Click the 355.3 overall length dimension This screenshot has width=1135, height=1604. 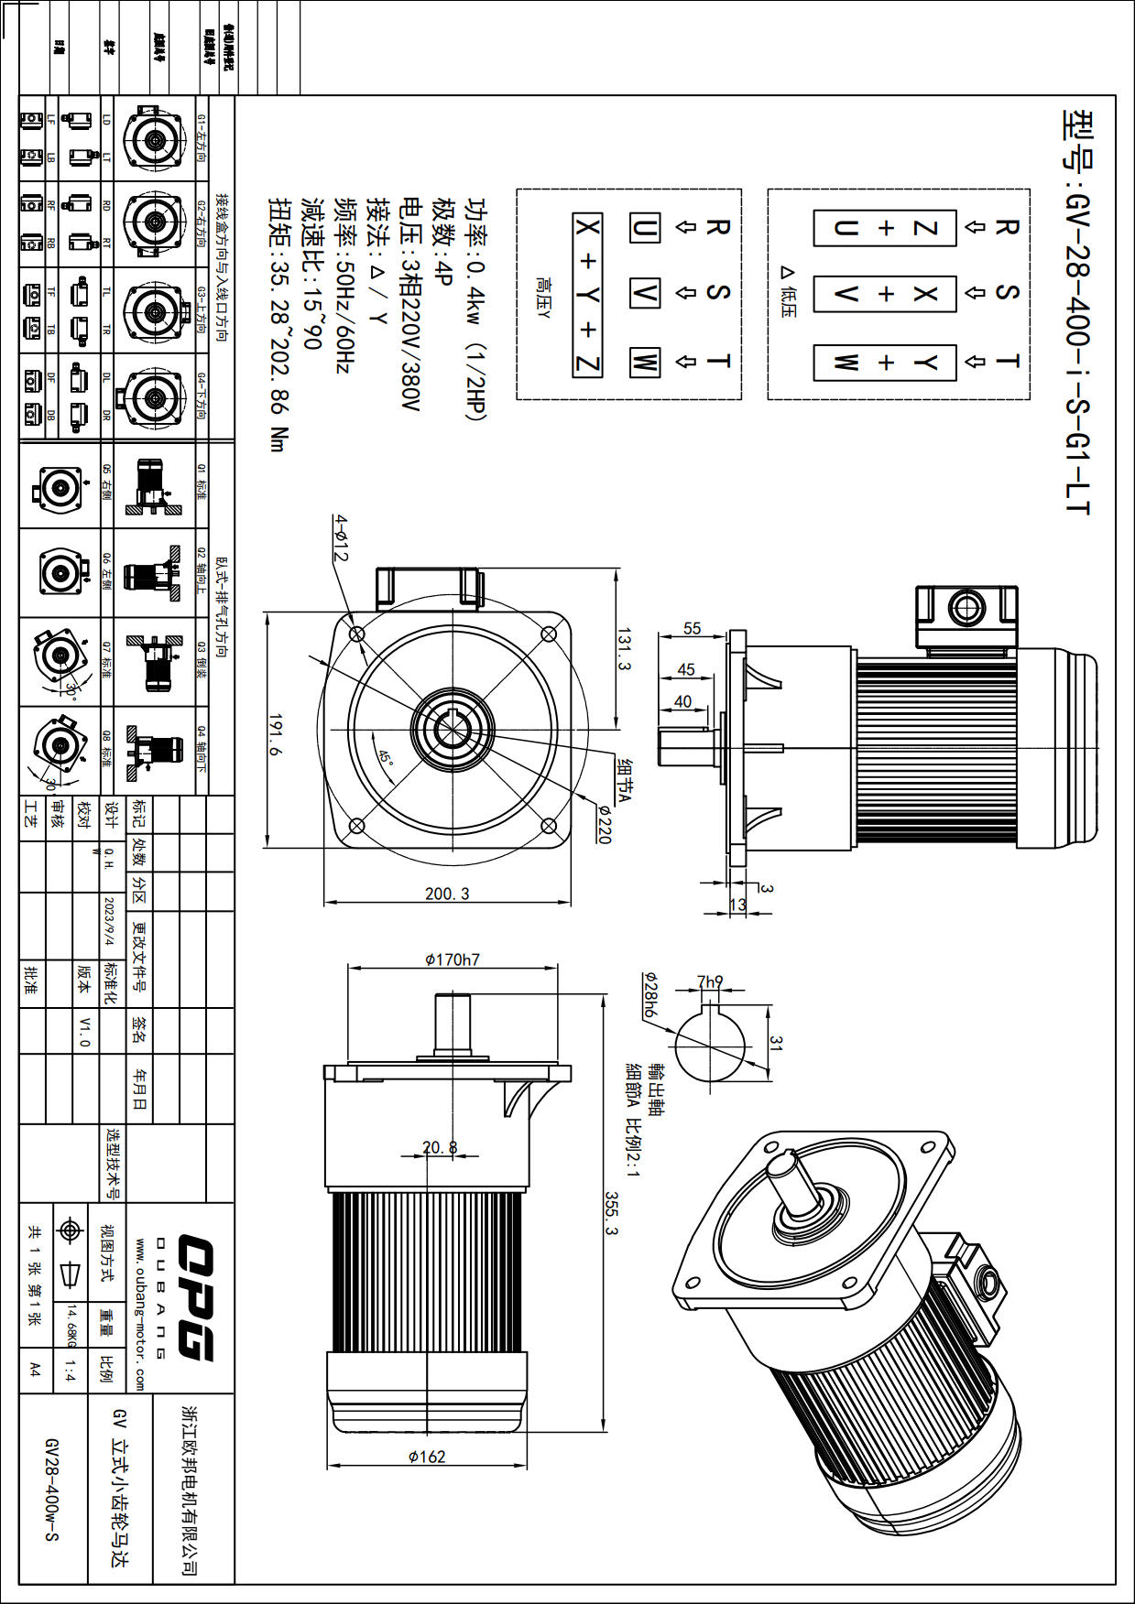coord(611,1213)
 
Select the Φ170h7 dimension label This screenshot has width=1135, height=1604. coord(452,959)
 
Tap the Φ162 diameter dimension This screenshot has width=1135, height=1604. coord(427,1457)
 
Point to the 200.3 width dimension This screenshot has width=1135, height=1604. coord(447,894)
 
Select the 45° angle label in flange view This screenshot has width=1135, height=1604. coord(386,758)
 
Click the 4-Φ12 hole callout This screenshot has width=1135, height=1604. coord(341,537)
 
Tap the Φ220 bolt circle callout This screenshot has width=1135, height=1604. coord(604,823)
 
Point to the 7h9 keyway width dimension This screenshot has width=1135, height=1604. coord(710,981)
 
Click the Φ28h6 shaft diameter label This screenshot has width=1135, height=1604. coord(649,995)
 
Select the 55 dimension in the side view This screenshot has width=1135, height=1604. coord(692,629)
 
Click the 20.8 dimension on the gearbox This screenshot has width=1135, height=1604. coord(440,1147)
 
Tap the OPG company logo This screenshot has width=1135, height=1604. coord(196,1297)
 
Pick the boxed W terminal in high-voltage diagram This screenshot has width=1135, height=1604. coord(644,362)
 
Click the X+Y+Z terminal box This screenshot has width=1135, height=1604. coord(587,295)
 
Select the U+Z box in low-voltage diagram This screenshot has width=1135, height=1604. coord(885,228)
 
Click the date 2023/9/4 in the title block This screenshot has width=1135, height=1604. coord(109,921)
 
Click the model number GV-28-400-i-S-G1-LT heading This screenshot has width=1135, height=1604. coord(1077,311)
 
